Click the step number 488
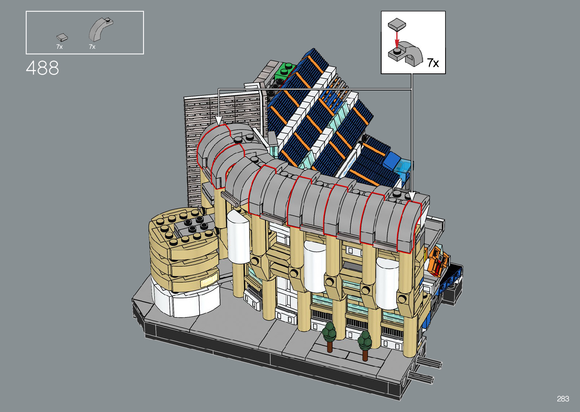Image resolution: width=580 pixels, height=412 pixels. [x=42, y=68]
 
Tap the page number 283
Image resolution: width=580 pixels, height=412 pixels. [x=563, y=399]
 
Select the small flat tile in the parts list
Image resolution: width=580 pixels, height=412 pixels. [x=62, y=37]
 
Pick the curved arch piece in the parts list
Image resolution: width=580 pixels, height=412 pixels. [x=100, y=30]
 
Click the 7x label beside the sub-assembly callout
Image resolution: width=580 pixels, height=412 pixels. [x=433, y=63]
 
